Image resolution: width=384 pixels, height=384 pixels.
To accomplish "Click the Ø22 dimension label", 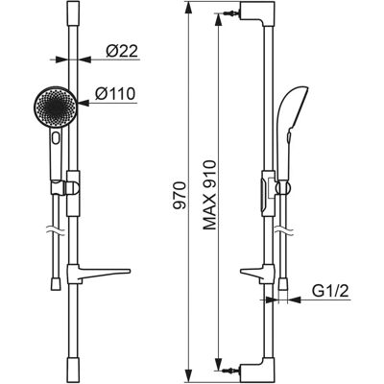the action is click(122, 51).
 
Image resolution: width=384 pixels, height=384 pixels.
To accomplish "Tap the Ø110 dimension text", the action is click(115, 94).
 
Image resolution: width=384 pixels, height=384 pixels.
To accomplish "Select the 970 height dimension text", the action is click(180, 195).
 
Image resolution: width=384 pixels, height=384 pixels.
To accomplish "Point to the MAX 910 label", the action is click(209, 195).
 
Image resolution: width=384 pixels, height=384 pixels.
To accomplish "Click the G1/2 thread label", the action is click(330, 291).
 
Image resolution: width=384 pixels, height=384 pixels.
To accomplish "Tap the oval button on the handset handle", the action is click(57, 138).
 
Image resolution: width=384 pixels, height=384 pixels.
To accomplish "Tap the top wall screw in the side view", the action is click(231, 13).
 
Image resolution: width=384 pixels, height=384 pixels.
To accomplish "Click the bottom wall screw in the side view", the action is click(231, 370).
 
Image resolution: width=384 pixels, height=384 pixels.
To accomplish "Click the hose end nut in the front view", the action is click(56, 283).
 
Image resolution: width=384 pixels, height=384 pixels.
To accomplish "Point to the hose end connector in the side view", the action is click(283, 284).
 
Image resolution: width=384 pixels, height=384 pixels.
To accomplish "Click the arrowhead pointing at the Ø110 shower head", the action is click(84, 103).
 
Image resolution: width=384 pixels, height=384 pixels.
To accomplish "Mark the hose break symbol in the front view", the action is click(57, 230).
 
